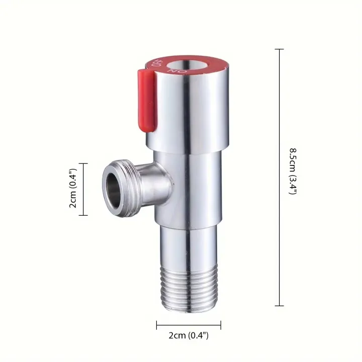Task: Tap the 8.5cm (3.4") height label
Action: click(x=292, y=171)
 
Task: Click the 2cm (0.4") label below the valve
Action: click(x=189, y=334)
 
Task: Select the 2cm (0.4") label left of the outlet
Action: click(x=73, y=190)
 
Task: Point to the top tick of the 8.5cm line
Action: click(x=280, y=49)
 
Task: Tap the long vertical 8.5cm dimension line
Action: click(x=280, y=226)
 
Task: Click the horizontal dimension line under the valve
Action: click(x=189, y=325)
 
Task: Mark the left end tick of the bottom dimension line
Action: click(x=156, y=325)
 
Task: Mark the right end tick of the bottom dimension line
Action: click(x=220, y=325)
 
